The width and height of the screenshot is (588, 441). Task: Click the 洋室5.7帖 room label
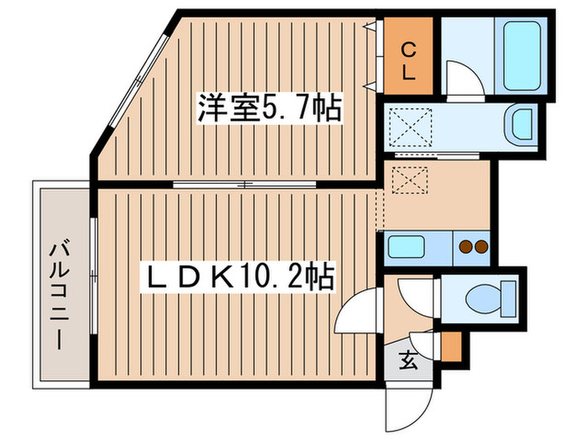click(269, 107)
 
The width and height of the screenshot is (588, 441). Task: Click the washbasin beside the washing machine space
click(522, 126)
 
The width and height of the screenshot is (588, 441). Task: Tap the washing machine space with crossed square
click(417, 128)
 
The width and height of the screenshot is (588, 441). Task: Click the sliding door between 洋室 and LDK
click(244, 184)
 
